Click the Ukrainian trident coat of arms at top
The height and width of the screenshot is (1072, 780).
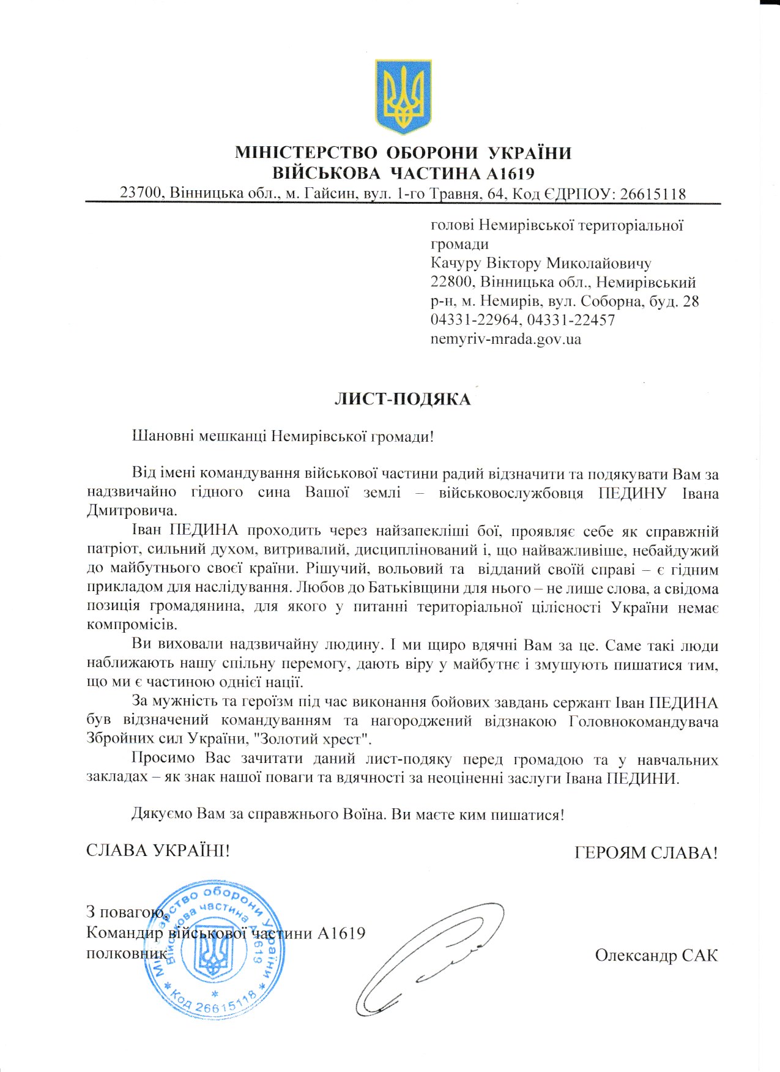(x=403, y=96)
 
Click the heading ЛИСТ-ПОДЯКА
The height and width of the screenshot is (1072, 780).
(x=403, y=400)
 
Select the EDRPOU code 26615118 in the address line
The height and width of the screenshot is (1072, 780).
(x=653, y=194)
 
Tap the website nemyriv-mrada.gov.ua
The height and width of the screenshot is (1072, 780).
(x=506, y=338)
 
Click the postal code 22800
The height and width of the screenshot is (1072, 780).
(x=451, y=282)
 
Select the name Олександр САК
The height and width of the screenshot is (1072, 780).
(x=656, y=955)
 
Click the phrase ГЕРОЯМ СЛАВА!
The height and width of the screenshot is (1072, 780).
(x=646, y=852)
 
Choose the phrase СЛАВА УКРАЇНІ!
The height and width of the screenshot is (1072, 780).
(x=158, y=851)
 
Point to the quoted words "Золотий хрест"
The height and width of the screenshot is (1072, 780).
(x=316, y=739)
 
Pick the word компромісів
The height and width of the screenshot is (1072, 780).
(x=132, y=625)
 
